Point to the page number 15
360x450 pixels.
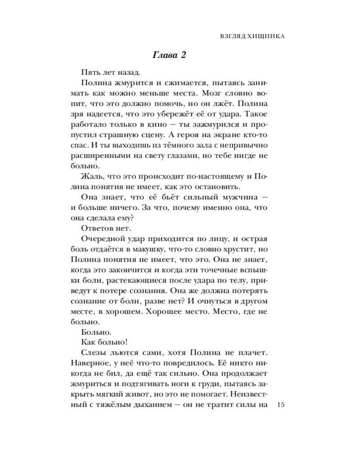(282, 405)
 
